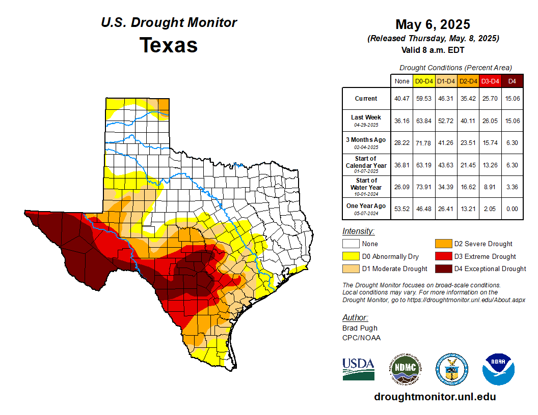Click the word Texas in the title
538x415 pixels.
169,45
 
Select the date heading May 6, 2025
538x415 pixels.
433,24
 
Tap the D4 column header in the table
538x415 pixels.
513,81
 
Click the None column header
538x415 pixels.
402,81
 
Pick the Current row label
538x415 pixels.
366,99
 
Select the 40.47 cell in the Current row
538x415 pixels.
402,99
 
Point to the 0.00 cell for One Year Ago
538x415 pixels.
513,209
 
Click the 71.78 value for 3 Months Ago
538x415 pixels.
424,143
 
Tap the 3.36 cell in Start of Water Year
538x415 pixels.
513,187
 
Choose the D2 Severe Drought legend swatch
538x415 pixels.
443,244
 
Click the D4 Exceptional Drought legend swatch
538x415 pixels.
443,269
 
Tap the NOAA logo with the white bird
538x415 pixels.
498,369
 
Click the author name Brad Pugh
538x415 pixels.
360,328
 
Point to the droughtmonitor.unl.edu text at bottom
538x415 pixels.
435,397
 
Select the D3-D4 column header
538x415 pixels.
490,81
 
